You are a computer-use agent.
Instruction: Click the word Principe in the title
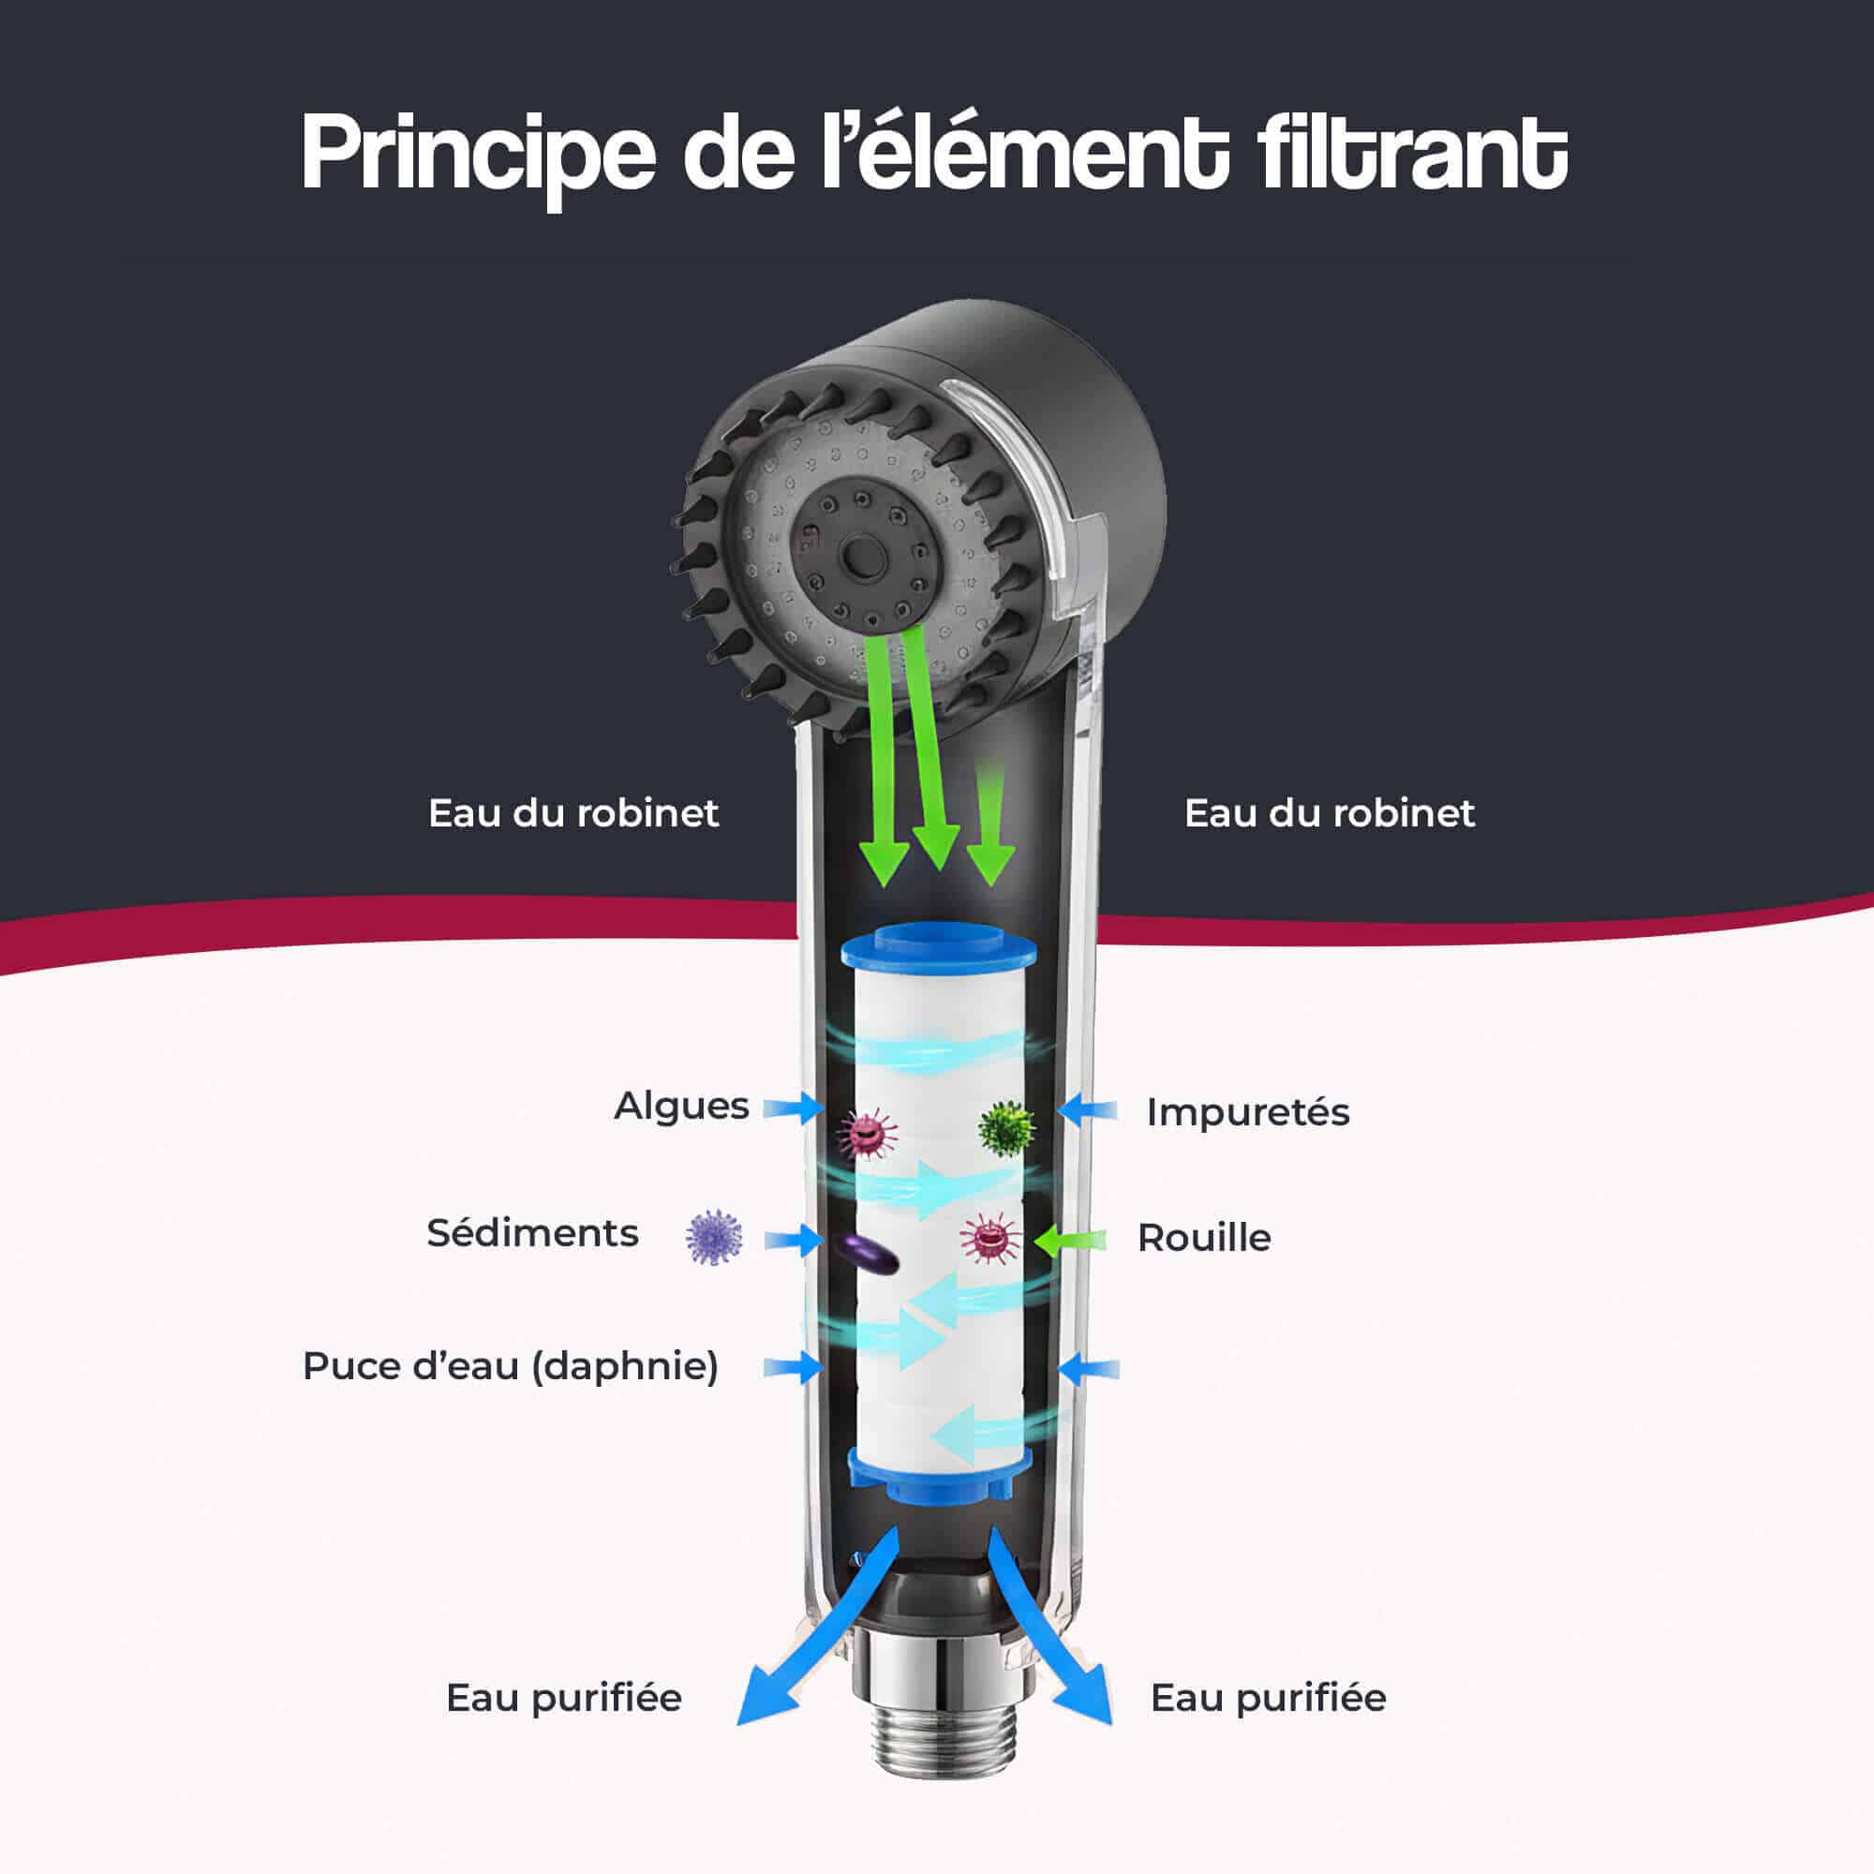point(478,156)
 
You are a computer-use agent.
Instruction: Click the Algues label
point(681,1106)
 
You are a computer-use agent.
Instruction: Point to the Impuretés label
point(1247,1111)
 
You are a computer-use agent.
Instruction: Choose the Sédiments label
point(532,1233)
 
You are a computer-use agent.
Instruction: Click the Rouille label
point(1204,1238)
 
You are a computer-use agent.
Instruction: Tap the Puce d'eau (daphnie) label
point(511,1366)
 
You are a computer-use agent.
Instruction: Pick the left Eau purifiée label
point(563,1698)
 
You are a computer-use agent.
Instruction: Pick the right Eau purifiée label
point(1268,1698)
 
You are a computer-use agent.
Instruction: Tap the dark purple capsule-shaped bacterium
point(870,1256)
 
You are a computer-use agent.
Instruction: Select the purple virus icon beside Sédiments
point(714,1237)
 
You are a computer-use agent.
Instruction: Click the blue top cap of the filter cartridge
point(938,947)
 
